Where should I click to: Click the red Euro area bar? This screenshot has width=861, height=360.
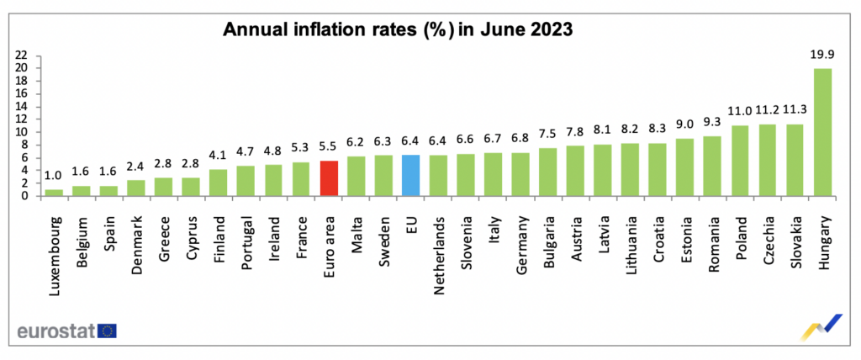[x=329, y=178]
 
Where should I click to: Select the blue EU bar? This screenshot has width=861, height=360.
[x=411, y=175]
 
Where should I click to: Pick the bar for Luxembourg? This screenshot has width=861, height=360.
[x=55, y=193]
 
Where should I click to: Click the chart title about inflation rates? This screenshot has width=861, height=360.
[x=397, y=29]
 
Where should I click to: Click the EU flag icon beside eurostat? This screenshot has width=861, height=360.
[x=108, y=331]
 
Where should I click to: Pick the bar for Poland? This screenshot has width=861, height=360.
[x=740, y=161]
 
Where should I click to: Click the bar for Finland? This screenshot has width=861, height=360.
[x=219, y=183]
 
